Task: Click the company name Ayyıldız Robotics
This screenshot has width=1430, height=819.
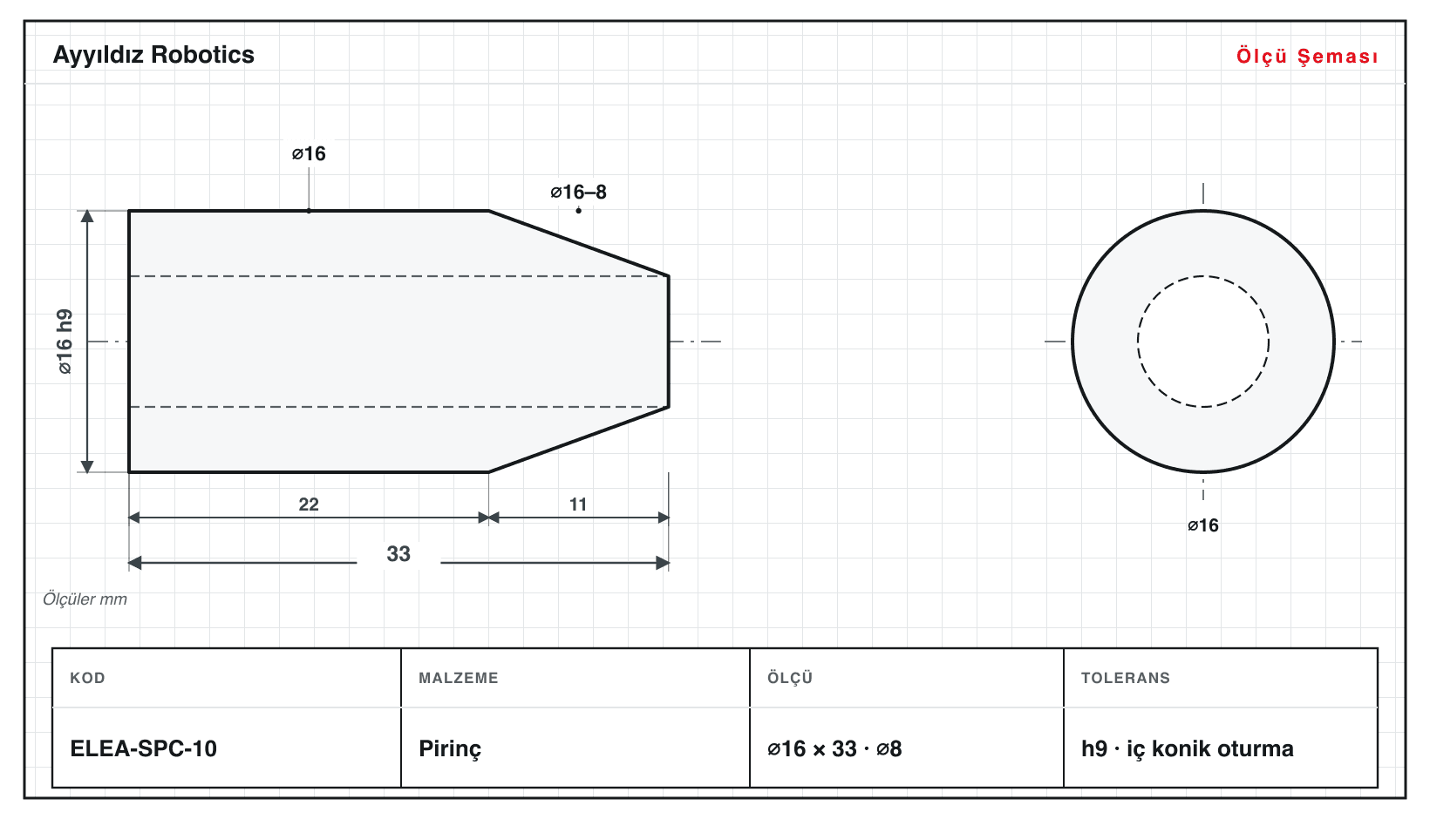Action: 153,56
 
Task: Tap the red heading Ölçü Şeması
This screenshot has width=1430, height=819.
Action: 1307,56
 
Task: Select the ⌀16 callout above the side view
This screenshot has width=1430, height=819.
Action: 309,153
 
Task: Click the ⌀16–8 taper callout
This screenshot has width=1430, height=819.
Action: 578,192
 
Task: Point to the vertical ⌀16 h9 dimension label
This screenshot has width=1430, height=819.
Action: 65,342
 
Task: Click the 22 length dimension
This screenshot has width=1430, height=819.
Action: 309,504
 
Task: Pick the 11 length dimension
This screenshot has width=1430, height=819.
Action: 578,504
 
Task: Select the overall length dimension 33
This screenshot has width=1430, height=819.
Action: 398,553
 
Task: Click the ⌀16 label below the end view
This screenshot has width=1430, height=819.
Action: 1203,525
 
